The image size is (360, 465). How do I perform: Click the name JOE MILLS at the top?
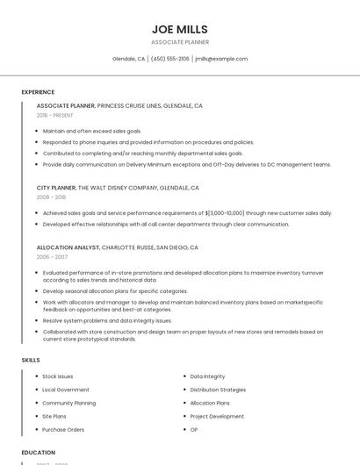[x=179, y=29]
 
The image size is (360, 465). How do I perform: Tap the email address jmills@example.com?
[x=221, y=59]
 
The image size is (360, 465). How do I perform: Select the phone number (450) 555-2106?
[x=169, y=59]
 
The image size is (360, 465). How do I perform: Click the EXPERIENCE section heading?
[x=38, y=92]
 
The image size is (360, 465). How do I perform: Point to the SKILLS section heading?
[x=31, y=360]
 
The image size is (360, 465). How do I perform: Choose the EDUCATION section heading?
[x=39, y=453]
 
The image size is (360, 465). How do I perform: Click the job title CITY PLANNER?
[x=56, y=188]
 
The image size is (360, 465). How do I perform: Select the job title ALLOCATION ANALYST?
[x=68, y=247]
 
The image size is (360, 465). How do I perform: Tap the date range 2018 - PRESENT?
[x=54, y=115]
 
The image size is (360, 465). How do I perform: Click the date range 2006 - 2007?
[x=52, y=257]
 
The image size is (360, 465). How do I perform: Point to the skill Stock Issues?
[x=58, y=376]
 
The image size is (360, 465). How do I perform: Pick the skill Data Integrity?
[x=207, y=376]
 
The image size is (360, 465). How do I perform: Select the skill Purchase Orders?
[x=63, y=430]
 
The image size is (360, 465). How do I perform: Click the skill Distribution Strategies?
[x=218, y=390]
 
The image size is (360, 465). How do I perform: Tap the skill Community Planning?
[x=68, y=403]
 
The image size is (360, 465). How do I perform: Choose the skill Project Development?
[x=217, y=417]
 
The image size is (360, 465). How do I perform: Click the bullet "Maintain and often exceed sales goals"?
[x=91, y=131]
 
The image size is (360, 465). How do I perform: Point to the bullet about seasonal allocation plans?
[x=115, y=291]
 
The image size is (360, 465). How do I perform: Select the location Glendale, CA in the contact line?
[x=129, y=59]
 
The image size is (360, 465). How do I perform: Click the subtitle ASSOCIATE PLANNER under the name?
[x=179, y=42]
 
